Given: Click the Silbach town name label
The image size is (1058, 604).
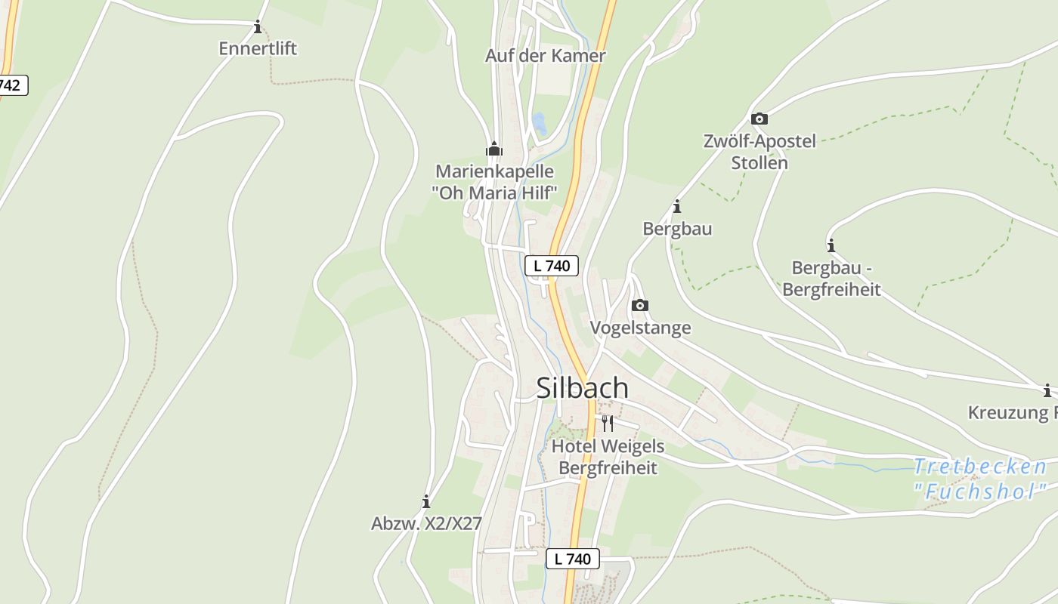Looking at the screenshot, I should pos(582,387).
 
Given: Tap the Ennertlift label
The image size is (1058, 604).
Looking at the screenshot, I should pos(258,48).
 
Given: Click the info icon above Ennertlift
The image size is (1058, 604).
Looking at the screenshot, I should pos(258,28).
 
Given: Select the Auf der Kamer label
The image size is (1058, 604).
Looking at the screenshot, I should pos(545,56).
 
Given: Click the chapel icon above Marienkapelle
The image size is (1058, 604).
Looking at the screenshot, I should pos(494,149).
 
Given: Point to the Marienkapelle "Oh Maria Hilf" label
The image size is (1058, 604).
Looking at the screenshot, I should pos(494,182).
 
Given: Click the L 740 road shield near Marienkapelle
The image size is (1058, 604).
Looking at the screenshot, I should pos(552,265).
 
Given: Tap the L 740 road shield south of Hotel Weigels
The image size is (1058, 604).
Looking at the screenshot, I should pos(572,559).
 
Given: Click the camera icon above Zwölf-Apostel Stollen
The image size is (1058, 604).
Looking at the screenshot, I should pos(759,119).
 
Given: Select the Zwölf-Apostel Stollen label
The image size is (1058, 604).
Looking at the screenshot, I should pos(759,152).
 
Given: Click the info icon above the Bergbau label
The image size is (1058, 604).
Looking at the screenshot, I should pos(677,206).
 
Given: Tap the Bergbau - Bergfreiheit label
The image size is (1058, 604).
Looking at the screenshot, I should pos(831,279).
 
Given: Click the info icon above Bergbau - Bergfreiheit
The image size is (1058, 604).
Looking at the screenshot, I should pos(831,245).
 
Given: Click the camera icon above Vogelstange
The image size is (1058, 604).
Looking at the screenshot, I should pos(640,306).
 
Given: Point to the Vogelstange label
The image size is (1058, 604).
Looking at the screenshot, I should pos(640,328).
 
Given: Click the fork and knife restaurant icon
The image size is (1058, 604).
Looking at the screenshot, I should pos(608,423).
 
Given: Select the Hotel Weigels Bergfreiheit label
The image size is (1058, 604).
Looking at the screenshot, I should pos(608,457).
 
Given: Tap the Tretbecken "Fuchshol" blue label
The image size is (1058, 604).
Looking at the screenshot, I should pos(980,479).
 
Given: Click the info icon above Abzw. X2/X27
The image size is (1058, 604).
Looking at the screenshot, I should pos(426,501).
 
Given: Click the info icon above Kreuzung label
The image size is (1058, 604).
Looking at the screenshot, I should pos(1047,390).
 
